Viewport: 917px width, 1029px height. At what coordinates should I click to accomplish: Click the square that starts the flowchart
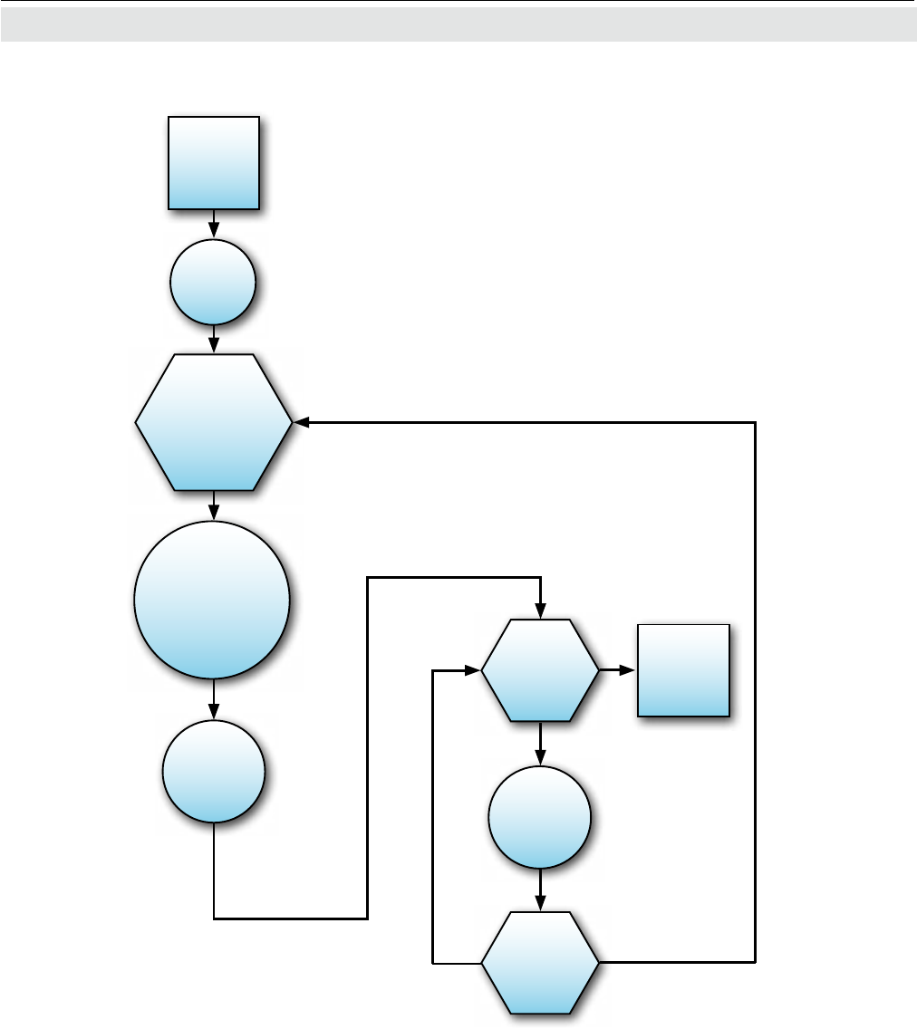pos(214,163)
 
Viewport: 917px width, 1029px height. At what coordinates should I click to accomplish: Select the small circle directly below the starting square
pos(214,282)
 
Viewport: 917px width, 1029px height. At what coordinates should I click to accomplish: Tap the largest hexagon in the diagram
pos(214,422)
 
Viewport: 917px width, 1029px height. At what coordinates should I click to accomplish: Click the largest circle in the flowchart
pos(212,600)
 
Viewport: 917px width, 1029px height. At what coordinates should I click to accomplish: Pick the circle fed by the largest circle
pos(214,772)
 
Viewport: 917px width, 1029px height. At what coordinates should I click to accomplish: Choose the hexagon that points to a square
pos(540,670)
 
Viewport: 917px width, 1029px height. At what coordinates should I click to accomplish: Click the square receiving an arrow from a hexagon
pos(683,670)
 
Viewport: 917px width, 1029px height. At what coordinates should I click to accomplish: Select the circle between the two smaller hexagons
pos(540,817)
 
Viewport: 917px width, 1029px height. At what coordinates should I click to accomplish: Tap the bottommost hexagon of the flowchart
pos(540,962)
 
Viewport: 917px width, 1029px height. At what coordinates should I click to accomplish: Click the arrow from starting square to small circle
pos(214,225)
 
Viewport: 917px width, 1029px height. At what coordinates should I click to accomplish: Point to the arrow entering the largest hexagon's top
pos(214,340)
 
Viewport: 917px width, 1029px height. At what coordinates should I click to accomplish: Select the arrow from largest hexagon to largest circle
pos(214,505)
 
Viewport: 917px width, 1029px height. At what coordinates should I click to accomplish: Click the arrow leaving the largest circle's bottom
pos(214,699)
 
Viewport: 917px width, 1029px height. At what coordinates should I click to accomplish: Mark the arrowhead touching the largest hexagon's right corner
pos(302,422)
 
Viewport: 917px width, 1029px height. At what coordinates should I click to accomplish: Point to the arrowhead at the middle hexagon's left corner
pos(472,671)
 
